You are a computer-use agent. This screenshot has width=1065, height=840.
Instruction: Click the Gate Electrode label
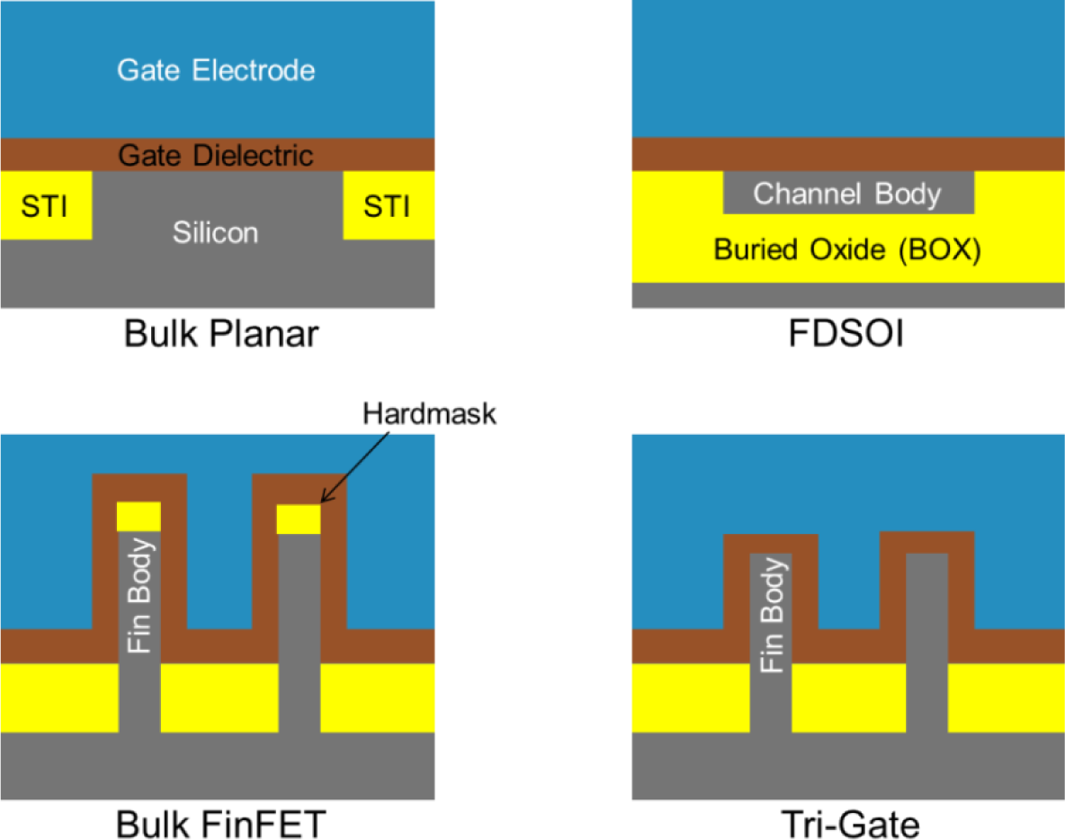tap(216, 70)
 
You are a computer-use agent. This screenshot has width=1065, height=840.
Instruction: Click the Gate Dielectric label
tap(216, 155)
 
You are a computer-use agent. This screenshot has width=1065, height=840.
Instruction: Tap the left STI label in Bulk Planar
tap(45, 205)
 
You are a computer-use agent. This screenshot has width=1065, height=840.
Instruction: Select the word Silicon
tap(216, 232)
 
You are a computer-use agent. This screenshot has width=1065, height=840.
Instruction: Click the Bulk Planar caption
tap(221, 335)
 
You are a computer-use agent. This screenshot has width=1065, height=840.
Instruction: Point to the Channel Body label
tap(847, 194)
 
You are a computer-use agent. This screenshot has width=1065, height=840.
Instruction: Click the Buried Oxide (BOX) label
tap(847, 249)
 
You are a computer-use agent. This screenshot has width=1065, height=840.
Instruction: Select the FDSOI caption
tap(848, 335)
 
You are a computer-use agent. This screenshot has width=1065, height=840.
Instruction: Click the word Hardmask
tap(430, 415)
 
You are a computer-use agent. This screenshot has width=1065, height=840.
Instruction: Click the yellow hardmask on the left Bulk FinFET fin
tap(139, 517)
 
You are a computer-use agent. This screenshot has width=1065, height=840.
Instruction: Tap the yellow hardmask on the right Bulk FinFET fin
tap(298, 519)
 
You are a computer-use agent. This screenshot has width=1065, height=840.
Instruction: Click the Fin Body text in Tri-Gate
tap(771, 616)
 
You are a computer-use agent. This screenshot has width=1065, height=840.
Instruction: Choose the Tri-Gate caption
tap(848, 823)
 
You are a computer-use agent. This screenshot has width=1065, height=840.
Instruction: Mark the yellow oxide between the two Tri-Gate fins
tap(848, 698)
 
